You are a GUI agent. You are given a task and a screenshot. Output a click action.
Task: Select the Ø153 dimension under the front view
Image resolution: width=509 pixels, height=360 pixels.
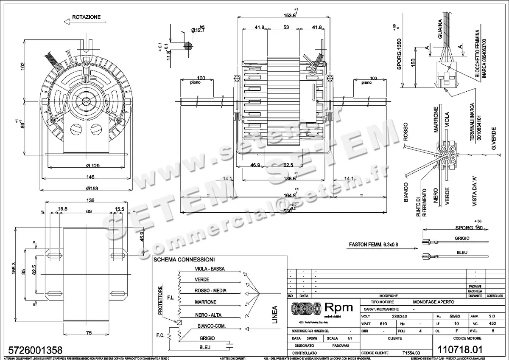tap(92, 188)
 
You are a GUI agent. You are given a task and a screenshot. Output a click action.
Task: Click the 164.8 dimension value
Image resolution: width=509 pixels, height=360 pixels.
tap(289, 195)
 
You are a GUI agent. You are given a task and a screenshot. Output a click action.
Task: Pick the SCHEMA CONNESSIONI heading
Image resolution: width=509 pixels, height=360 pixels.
tap(184, 259)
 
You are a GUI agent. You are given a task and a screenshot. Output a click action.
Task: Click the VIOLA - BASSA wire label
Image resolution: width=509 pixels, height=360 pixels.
tap(210, 269)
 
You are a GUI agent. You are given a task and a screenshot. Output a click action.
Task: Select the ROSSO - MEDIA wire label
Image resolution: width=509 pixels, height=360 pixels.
tap(210, 291)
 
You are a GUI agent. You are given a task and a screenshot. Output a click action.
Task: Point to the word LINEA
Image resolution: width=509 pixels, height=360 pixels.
tap(274, 315)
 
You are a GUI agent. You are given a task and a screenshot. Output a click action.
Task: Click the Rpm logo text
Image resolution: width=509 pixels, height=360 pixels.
tap(338, 307)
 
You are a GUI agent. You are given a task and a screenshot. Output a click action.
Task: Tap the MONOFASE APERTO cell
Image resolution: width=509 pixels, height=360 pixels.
tap(433, 301)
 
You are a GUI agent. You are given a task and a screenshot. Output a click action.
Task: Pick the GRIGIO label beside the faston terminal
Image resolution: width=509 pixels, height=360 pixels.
tap(461, 239)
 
